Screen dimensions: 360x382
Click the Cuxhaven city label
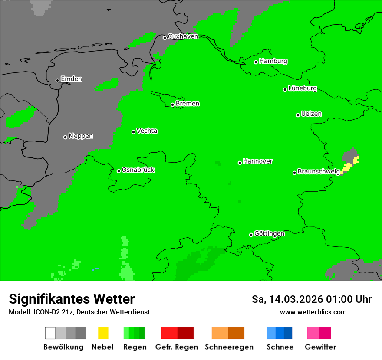click(x=183, y=36)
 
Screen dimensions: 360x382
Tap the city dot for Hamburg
click(x=256, y=62)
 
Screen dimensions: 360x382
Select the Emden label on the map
click(x=71, y=79)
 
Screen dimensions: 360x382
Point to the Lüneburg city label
click(x=303, y=88)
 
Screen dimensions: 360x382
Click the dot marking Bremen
click(x=172, y=105)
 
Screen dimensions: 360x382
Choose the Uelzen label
click(x=311, y=114)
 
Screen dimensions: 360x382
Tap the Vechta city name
click(x=147, y=131)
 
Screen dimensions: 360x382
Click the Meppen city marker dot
click(x=65, y=137)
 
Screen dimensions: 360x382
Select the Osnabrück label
click(x=138, y=170)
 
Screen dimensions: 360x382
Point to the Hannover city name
click(x=257, y=161)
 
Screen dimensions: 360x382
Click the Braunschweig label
click(x=319, y=172)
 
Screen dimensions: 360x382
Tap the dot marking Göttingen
click(x=251, y=235)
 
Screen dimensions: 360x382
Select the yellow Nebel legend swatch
click(x=103, y=333)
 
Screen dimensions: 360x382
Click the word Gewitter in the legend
click(x=320, y=347)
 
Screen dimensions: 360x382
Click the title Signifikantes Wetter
click(x=72, y=299)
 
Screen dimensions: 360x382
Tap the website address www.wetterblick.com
click(x=313, y=312)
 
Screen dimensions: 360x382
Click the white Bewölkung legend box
click(x=50, y=333)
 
